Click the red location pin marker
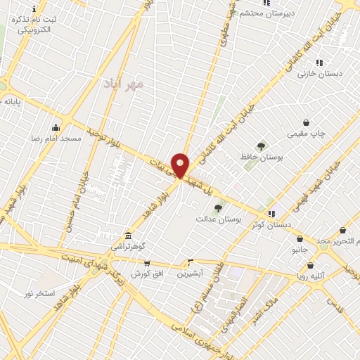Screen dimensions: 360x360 180,165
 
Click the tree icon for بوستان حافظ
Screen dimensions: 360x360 262,146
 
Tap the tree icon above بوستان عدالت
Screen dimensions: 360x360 219,208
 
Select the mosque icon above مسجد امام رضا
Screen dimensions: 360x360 56,127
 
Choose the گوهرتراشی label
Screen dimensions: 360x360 127,247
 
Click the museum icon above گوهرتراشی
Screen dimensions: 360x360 127,236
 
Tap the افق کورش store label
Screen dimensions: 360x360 146,273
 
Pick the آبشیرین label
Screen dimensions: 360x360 190,273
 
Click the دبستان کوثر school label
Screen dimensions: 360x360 271,225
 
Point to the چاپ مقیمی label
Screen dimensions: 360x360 306,134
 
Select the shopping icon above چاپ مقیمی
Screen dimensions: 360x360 306,122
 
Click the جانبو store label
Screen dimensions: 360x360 300,250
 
